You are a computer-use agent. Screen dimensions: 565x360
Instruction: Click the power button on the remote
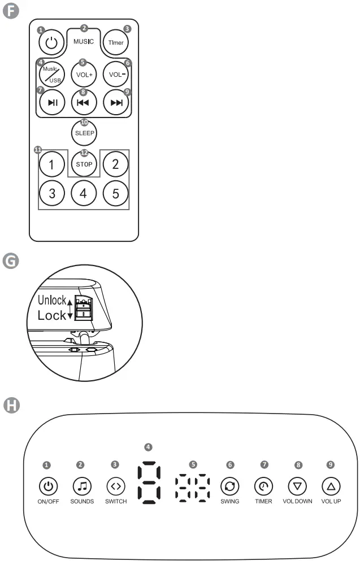pos(51,42)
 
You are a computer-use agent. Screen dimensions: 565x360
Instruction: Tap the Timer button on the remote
pos(116,42)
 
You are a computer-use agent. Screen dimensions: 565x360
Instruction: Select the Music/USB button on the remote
pos(51,74)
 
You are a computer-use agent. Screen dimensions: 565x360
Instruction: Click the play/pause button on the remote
pos(51,103)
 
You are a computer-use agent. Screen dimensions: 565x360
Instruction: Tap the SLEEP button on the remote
pos(84,133)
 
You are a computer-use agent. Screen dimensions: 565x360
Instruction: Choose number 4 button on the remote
pos(84,193)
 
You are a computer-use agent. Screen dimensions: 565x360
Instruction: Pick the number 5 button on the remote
pos(116,193)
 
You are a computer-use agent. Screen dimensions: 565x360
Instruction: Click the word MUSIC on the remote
pos(84,42)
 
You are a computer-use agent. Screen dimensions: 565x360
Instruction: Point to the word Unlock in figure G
pos(51,300)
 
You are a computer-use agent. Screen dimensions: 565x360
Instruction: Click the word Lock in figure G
pos(51,315)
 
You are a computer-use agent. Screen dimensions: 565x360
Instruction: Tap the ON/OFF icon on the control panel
pos(49,485)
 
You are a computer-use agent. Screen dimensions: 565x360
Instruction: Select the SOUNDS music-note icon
pos(82,485)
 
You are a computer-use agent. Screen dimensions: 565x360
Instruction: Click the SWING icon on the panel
pos(230,485)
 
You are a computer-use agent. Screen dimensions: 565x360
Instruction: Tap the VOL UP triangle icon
pos(331,485)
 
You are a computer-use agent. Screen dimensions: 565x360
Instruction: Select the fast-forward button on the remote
pos(116,103)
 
